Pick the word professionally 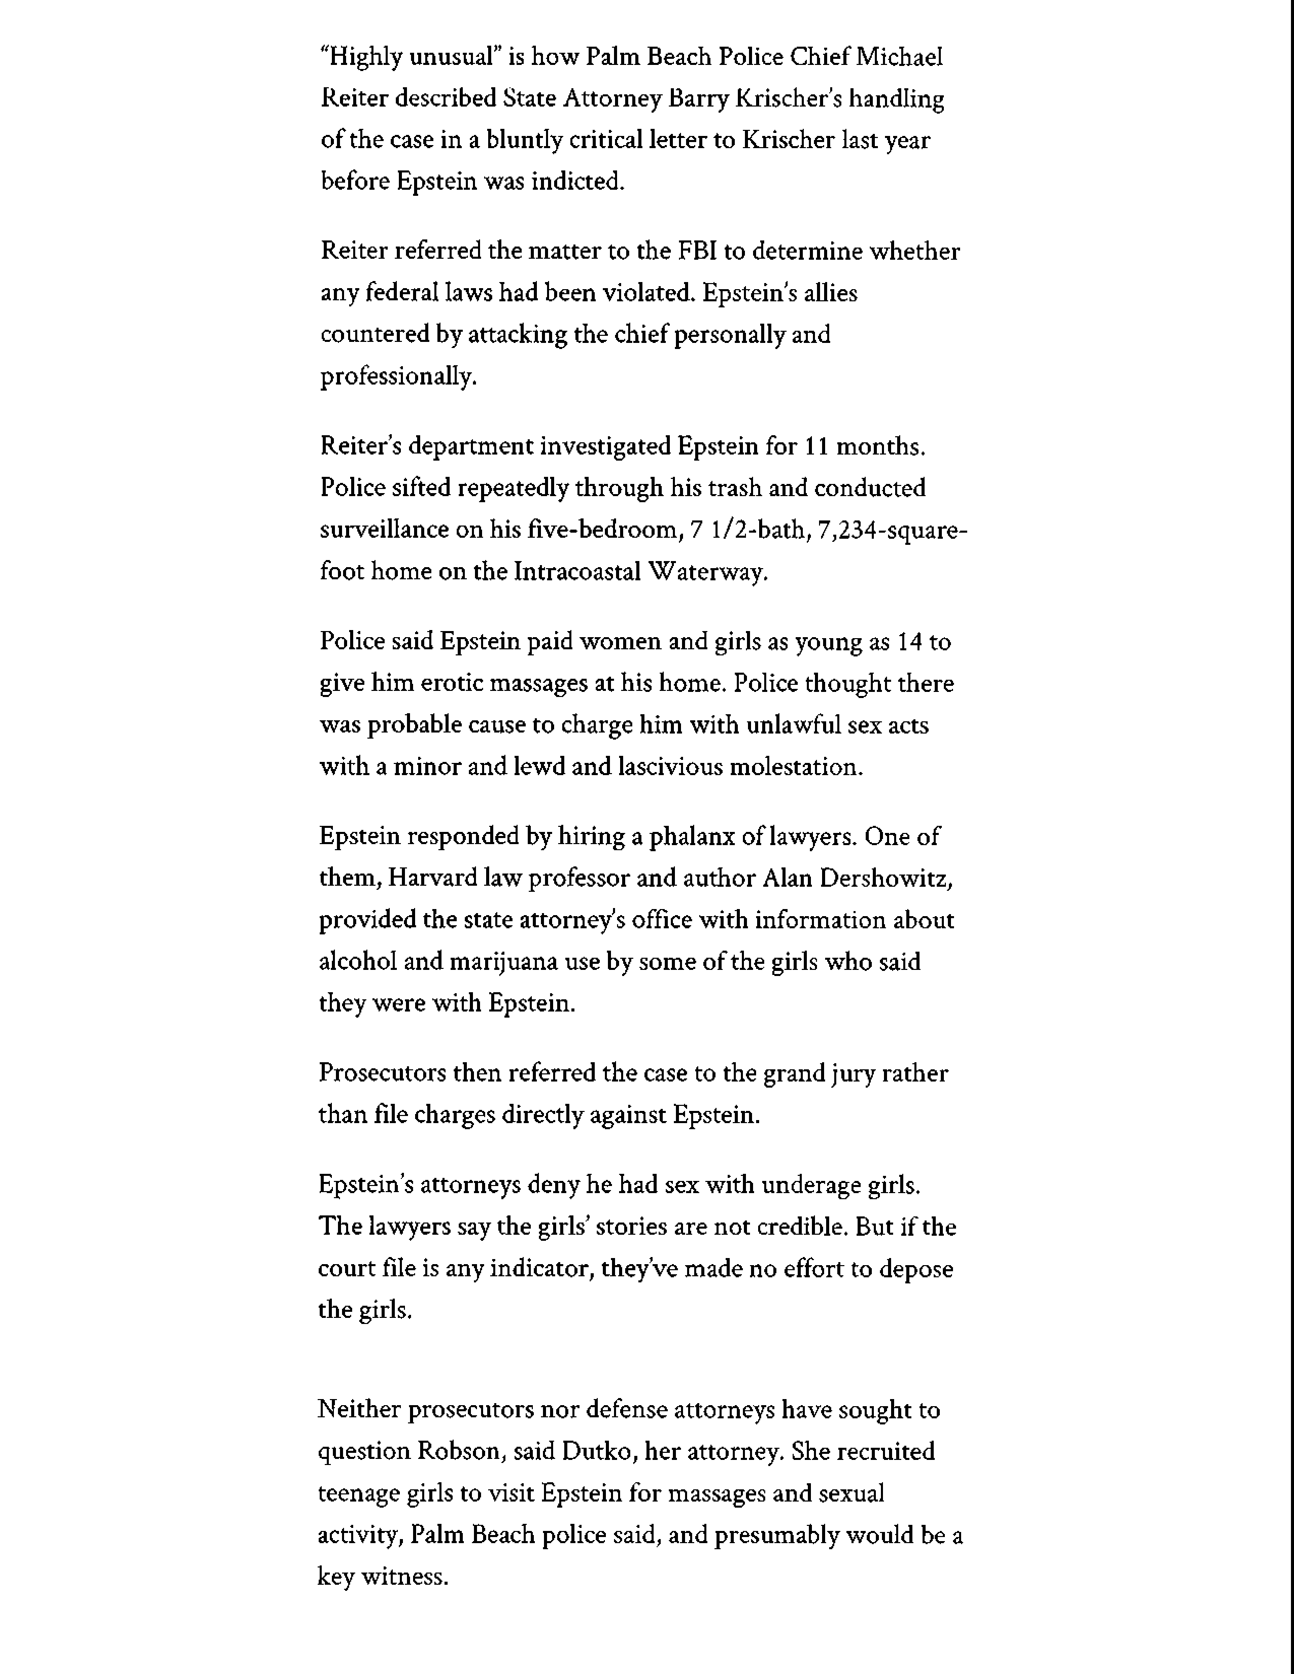[398, 377]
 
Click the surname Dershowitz [886, 879]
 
